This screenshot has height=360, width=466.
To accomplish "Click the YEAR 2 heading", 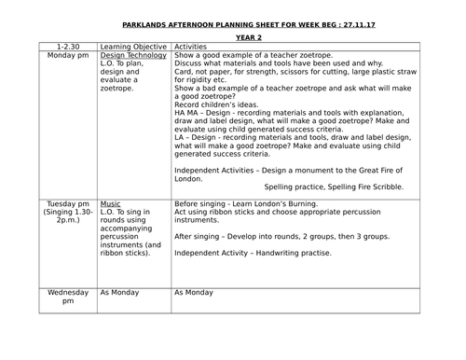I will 233,29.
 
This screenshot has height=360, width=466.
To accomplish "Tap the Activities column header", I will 192,45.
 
